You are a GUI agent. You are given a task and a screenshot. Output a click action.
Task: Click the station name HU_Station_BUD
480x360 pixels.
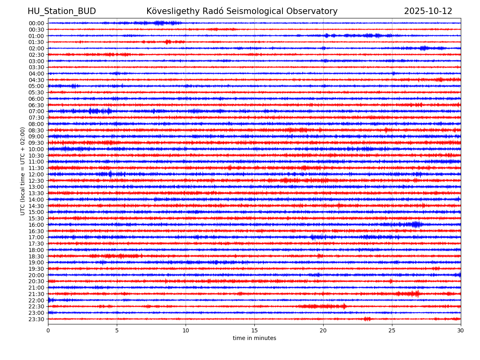62,11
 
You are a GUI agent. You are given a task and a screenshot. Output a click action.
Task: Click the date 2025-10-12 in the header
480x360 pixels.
428,11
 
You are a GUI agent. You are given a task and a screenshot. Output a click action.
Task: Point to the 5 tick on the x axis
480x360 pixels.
117,330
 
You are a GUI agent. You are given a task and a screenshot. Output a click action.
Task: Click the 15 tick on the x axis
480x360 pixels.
254,330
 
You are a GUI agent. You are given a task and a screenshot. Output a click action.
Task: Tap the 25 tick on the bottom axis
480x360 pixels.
392,330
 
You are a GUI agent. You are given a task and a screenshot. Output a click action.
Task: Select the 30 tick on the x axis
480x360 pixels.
461,330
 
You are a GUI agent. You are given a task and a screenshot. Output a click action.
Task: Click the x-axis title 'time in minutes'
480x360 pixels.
254,338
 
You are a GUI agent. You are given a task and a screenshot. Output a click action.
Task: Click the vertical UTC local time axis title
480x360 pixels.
23,171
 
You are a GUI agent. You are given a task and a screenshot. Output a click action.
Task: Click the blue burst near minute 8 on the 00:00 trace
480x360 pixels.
159,23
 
